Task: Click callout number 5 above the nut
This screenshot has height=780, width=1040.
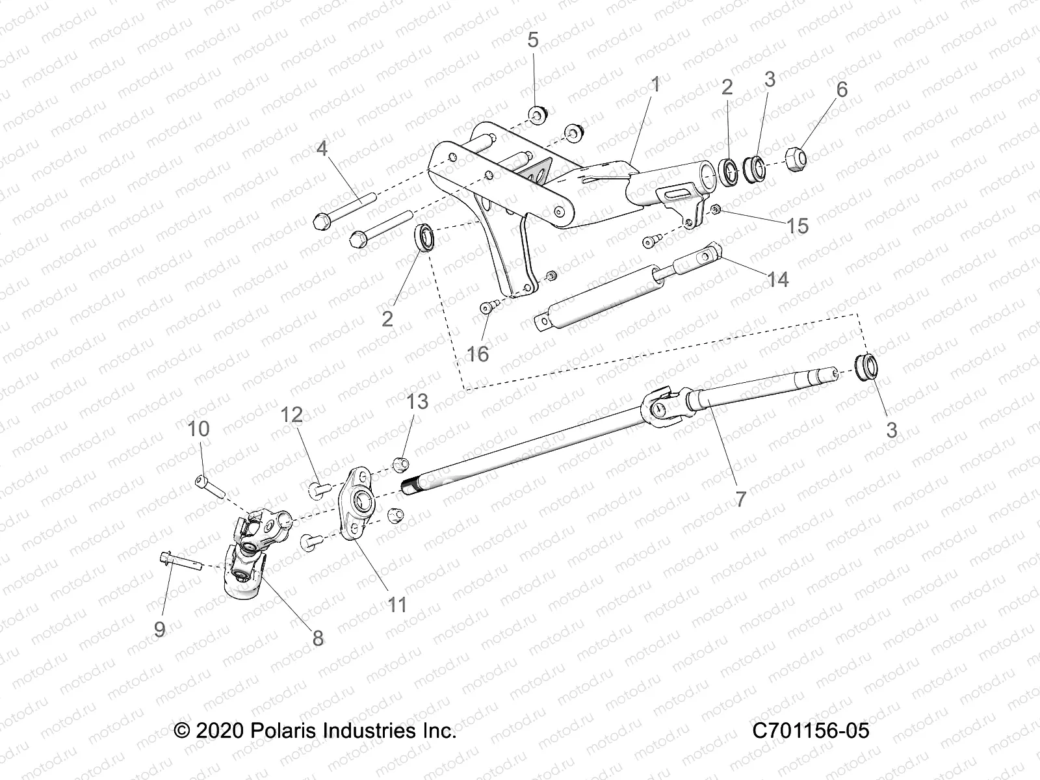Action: [x=532, y=40]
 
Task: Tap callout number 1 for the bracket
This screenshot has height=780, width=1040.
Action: [x=655, y=84]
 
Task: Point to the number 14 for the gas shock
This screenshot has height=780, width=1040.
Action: [x=777, y=279]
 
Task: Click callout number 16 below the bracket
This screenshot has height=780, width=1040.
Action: [x=478, y=354]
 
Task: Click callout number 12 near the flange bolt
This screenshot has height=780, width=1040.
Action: [x=292, y=414]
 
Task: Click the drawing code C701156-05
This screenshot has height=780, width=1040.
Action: [x=810, y=730]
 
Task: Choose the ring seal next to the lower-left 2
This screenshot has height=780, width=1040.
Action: [x=426, y=237]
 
